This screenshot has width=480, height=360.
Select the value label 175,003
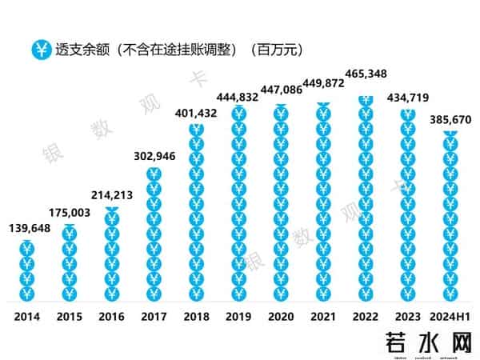point(70,214)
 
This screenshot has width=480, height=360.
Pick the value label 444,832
point(238,98)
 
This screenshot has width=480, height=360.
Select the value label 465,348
point(366,74)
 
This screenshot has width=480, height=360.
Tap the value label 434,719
point(408,98)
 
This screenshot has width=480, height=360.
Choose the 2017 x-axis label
point(154,317)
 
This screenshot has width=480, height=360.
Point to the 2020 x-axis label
point(280,317)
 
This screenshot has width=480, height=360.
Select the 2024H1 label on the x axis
point(450,317)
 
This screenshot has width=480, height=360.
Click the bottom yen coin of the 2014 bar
point(26,294)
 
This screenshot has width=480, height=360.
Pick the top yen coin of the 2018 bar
point(196,130)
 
